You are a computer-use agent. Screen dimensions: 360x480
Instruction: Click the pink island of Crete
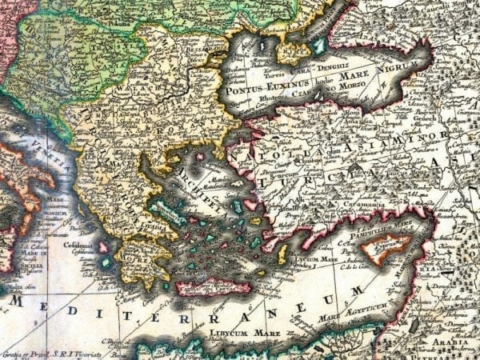(212, 286)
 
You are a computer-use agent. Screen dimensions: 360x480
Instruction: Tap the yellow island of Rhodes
(282, 254)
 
